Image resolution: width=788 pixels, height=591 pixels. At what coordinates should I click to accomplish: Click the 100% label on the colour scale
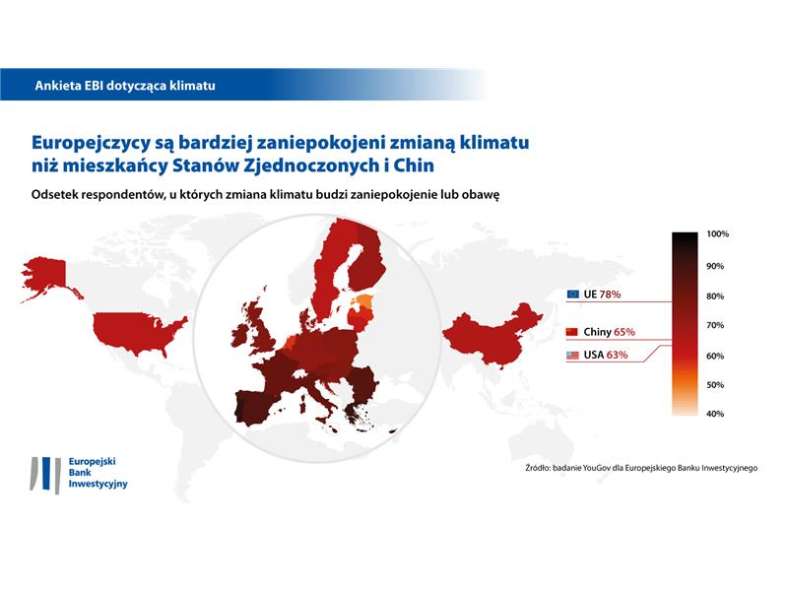(x=717, y=233)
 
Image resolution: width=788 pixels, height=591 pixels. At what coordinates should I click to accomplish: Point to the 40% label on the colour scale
(x=715, y=414)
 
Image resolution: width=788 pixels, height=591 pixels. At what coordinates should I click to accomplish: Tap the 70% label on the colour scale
(x=715, y=325)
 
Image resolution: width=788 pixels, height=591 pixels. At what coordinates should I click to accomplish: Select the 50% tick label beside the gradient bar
(x=715, y=385)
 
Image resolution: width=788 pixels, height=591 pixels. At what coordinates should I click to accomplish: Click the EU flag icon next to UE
(x=572, y=294)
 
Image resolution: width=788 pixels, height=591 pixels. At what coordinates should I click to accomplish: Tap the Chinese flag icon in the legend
(x=572, y=332)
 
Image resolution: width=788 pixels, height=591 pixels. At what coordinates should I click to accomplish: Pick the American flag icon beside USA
(x=572, y=355)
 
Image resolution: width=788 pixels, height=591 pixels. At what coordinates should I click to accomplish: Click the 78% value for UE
(x=610, y=294)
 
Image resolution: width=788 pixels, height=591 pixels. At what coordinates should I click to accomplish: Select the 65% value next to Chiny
(x=624, y=332)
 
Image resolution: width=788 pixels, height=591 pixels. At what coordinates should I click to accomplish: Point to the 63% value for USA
(x=617, y=355)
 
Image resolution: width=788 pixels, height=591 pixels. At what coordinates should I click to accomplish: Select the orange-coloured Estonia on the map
(x=363, y=301)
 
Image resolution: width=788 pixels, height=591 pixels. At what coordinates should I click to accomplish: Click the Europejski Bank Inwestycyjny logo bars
(x=46, y=475)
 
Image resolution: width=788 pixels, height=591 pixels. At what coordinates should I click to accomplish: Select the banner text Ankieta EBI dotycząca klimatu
(x=125, y=86)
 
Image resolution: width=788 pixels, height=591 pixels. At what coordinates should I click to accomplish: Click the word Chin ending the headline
(x=414, y=165)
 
